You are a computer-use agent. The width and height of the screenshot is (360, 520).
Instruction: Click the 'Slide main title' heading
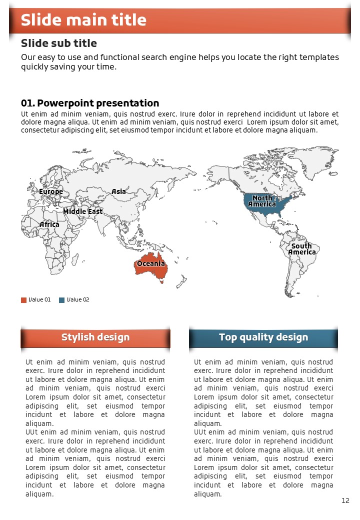coord(83,20)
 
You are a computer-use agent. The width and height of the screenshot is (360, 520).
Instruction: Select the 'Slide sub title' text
coord(59,43)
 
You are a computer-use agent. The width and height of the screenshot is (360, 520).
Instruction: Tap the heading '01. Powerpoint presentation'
coord(90,103)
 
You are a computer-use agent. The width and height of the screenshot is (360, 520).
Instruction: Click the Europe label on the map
coord(51,191)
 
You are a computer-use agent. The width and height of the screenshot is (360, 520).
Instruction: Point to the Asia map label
coord(118,191)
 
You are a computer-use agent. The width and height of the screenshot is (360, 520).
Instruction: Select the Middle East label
coord(82,211)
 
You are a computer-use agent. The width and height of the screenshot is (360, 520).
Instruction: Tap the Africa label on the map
coord(49,224)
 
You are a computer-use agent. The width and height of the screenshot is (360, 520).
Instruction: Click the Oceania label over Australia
coord(151,263)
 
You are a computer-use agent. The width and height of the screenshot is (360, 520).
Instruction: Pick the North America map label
coord(262,201)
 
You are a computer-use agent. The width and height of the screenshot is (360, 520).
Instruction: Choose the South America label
coord(301,249)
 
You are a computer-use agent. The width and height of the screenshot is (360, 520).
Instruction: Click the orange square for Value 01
coord(23,300)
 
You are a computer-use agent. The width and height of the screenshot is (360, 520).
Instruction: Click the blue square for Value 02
coord(61,300)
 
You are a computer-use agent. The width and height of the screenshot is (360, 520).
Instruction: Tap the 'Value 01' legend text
coord(39,300)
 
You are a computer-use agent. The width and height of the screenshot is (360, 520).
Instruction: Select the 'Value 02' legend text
coord(78,300)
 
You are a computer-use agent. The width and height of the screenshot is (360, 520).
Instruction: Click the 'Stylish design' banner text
coord(95,337)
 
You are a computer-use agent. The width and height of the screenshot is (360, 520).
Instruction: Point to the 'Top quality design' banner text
coord(263,337)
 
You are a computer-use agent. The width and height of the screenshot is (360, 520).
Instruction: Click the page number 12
coord(345,500)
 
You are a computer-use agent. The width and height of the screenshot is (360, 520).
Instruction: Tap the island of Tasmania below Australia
coord(161,281)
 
